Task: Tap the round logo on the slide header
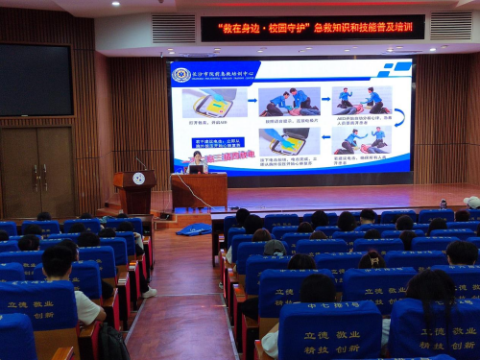pos(181,75)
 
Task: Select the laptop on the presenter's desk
pos(196,169)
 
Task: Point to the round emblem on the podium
pos(138,179)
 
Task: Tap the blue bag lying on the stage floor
pos(194,228)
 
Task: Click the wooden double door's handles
pos(39,175)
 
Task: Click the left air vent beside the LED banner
pos(173,28)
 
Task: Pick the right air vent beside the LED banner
pos(450,26)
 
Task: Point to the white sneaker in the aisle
pos(149,291)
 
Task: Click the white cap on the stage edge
pos(471,203)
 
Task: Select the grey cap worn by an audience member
pos(275,248)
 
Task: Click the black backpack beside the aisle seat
pos(112,342)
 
